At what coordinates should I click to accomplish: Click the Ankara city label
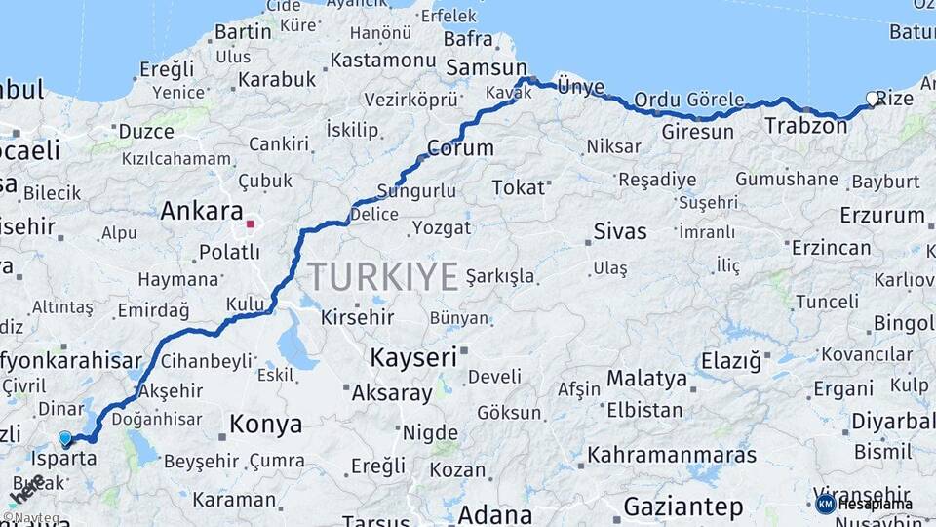tap(201, 211)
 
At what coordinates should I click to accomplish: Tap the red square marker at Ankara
tap(250, 223)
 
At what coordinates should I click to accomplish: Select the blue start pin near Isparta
tap(65, 439)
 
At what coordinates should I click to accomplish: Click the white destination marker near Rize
tap(873, 99)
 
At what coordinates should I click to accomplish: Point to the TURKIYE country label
tap(383, 277)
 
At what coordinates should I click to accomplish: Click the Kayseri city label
tap(412, 357)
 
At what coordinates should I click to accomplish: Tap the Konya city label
tap(265, 424)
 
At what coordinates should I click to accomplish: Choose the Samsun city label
tap(487, 67)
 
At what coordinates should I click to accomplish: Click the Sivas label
tap(620, 232)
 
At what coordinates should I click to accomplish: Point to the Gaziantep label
tap(682, 507)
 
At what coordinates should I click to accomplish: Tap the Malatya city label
tap(646, 378)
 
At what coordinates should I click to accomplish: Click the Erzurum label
tap(881, 214)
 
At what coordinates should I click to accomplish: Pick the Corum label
tap(460, 149)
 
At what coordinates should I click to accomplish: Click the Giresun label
tap(697, 131)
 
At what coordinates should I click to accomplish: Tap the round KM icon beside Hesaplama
tap(825, 504)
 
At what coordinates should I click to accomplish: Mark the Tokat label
tap(517, 187)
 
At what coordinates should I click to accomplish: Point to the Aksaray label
tap(391, 393)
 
